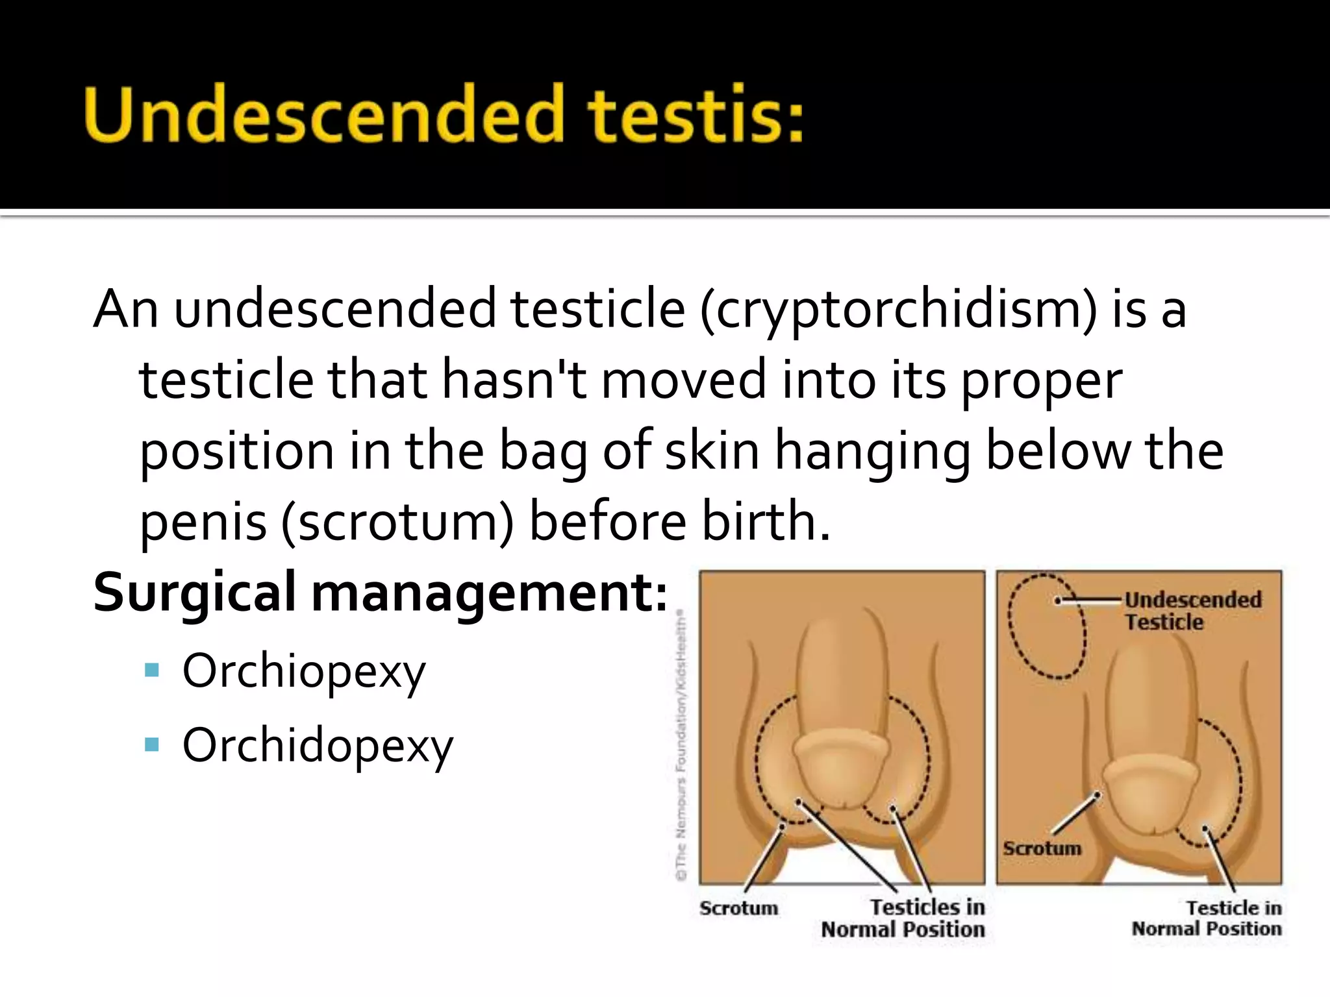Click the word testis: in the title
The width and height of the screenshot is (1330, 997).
pos(695,114)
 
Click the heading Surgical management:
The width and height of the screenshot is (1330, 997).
pos(380,593)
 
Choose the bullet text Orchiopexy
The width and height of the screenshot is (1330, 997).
pos(304,672)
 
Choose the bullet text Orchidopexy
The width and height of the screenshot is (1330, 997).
pos(318,746)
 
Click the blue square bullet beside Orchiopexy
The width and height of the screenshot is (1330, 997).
pos(152,670)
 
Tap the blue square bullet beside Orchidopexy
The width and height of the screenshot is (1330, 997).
pos(152,744)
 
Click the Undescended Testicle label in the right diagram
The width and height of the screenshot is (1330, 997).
pos(1192,610)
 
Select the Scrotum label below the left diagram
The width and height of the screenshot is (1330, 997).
pos(738,907)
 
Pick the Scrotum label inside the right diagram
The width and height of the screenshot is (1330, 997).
pos(1042,848)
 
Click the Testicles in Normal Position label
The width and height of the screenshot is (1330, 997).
pos(904,918)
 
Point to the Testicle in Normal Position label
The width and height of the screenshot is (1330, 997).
pos(1207,918)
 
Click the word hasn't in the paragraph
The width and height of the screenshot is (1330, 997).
pos(514,381)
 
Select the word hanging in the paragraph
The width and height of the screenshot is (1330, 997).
pos(873,452)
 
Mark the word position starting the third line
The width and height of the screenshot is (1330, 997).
pos(236,452)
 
